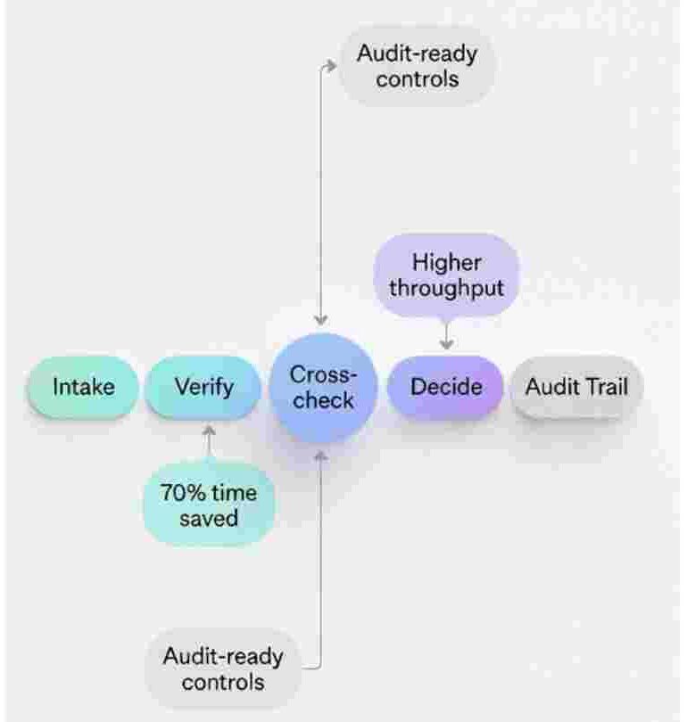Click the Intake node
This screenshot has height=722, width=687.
tap(84, 387)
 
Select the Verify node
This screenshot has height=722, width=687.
tap(203, 387)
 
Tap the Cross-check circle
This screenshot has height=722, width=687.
tap(323, 387)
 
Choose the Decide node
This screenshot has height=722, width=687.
tap(446, 387)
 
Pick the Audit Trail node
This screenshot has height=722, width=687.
tap(576, 387)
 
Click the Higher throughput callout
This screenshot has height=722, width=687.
tap(447, 276)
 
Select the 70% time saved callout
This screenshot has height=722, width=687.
tap(209, 505)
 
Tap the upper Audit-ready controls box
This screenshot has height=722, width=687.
tap(417, 65)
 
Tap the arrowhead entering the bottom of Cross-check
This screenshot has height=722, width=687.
tap(321, 455)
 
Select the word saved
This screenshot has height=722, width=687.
tap(209, 517)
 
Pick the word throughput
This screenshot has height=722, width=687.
tap(447, 290)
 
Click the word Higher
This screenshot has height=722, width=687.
tap(447, 263)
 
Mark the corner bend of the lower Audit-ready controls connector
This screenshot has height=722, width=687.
tap(320, 666)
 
